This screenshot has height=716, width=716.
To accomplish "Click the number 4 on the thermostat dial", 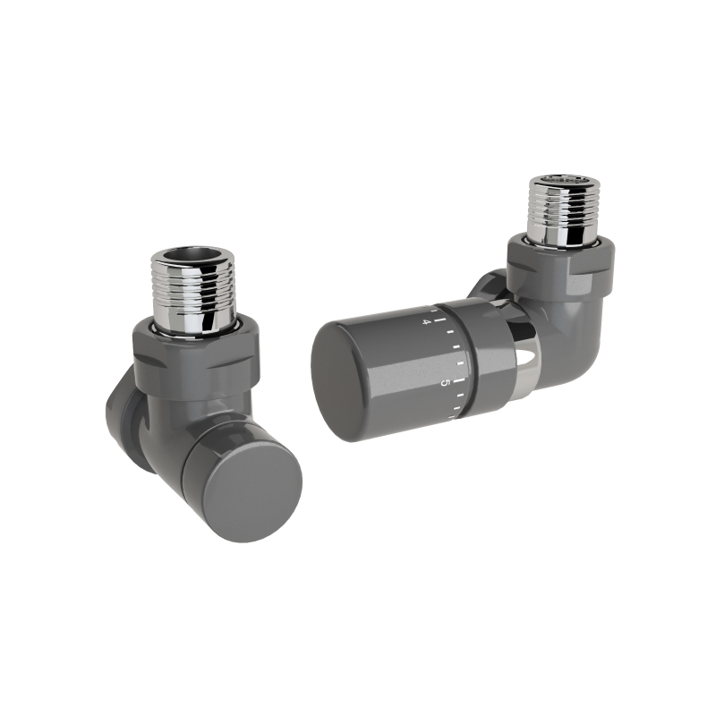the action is coord(426,322).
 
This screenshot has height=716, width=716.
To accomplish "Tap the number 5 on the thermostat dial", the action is coord(442,383).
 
